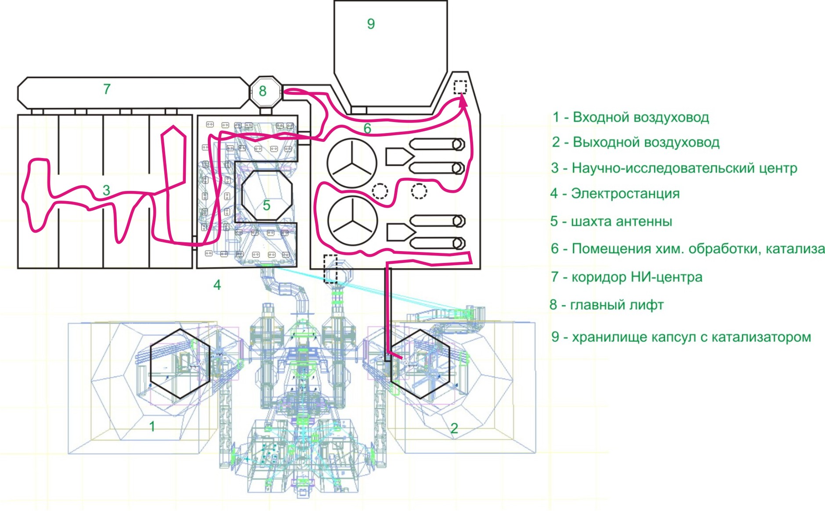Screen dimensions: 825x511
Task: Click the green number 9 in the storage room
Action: (371, 24)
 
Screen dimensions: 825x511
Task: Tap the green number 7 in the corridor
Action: (107, 89)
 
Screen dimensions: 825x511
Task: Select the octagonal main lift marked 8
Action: (264, 92)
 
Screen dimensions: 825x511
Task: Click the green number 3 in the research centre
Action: (106, 190)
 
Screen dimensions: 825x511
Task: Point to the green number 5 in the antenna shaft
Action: (266, 205)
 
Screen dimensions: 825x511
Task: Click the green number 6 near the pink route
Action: (367, 128)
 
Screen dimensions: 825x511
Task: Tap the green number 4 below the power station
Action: (217, 285)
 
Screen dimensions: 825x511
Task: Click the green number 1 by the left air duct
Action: (152, 426)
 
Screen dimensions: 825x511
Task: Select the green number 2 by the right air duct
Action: (454, 428)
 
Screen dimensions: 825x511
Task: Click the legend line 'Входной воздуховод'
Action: (630, 117)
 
